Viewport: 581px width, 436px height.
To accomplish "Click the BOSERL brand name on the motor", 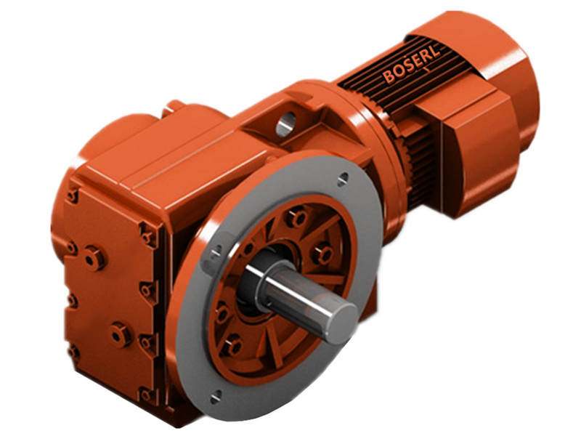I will click(x=413, y=65).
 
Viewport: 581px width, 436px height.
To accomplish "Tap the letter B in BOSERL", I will click(x=389, y=77).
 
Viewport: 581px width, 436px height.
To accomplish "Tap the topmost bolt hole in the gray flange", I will click(x=342, y=177).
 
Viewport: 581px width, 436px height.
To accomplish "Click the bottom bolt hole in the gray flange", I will click(x=216, y=396).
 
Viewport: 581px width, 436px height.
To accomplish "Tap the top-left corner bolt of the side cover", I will click(x=73, y=195).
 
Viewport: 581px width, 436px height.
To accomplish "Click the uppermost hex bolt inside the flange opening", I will click(x=296, y=217).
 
